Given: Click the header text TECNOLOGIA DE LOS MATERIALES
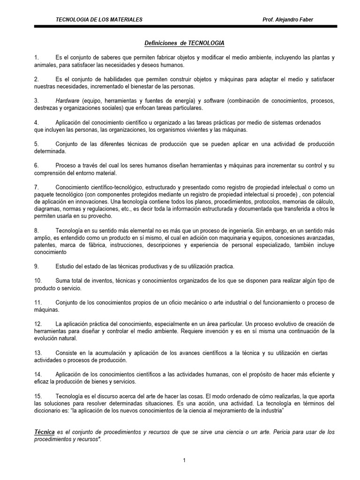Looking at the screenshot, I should click(99, 19).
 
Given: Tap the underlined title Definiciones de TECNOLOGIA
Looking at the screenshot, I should click(184, 43).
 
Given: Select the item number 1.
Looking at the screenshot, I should click(36, 58).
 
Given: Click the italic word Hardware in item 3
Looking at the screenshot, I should click(67, 101).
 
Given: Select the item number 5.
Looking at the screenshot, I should click(36, 144).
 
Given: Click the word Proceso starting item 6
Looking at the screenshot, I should click(66, 166).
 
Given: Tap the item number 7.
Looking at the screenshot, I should click(36, 187).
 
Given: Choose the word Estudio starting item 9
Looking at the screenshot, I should click(65, 267).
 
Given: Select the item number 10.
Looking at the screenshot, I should click(38, 281).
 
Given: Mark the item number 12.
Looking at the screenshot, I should click(38, 324).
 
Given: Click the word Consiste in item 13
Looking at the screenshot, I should click(67, 353).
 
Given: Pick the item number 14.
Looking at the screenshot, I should click(38, 375).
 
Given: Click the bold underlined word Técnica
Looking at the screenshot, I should click(45, 432).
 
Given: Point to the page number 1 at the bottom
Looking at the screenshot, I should click(185, 461).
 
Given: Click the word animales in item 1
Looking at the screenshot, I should click(45, 65).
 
